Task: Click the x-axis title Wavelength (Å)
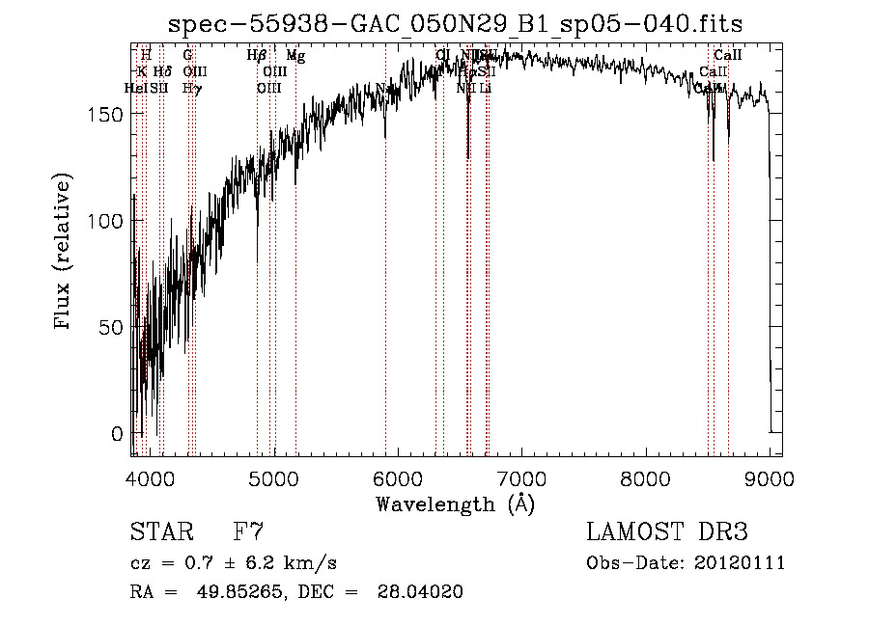[455, 504]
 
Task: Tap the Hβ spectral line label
[257, 57]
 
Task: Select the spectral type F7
[248, 531]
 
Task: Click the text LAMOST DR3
[666, 531]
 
